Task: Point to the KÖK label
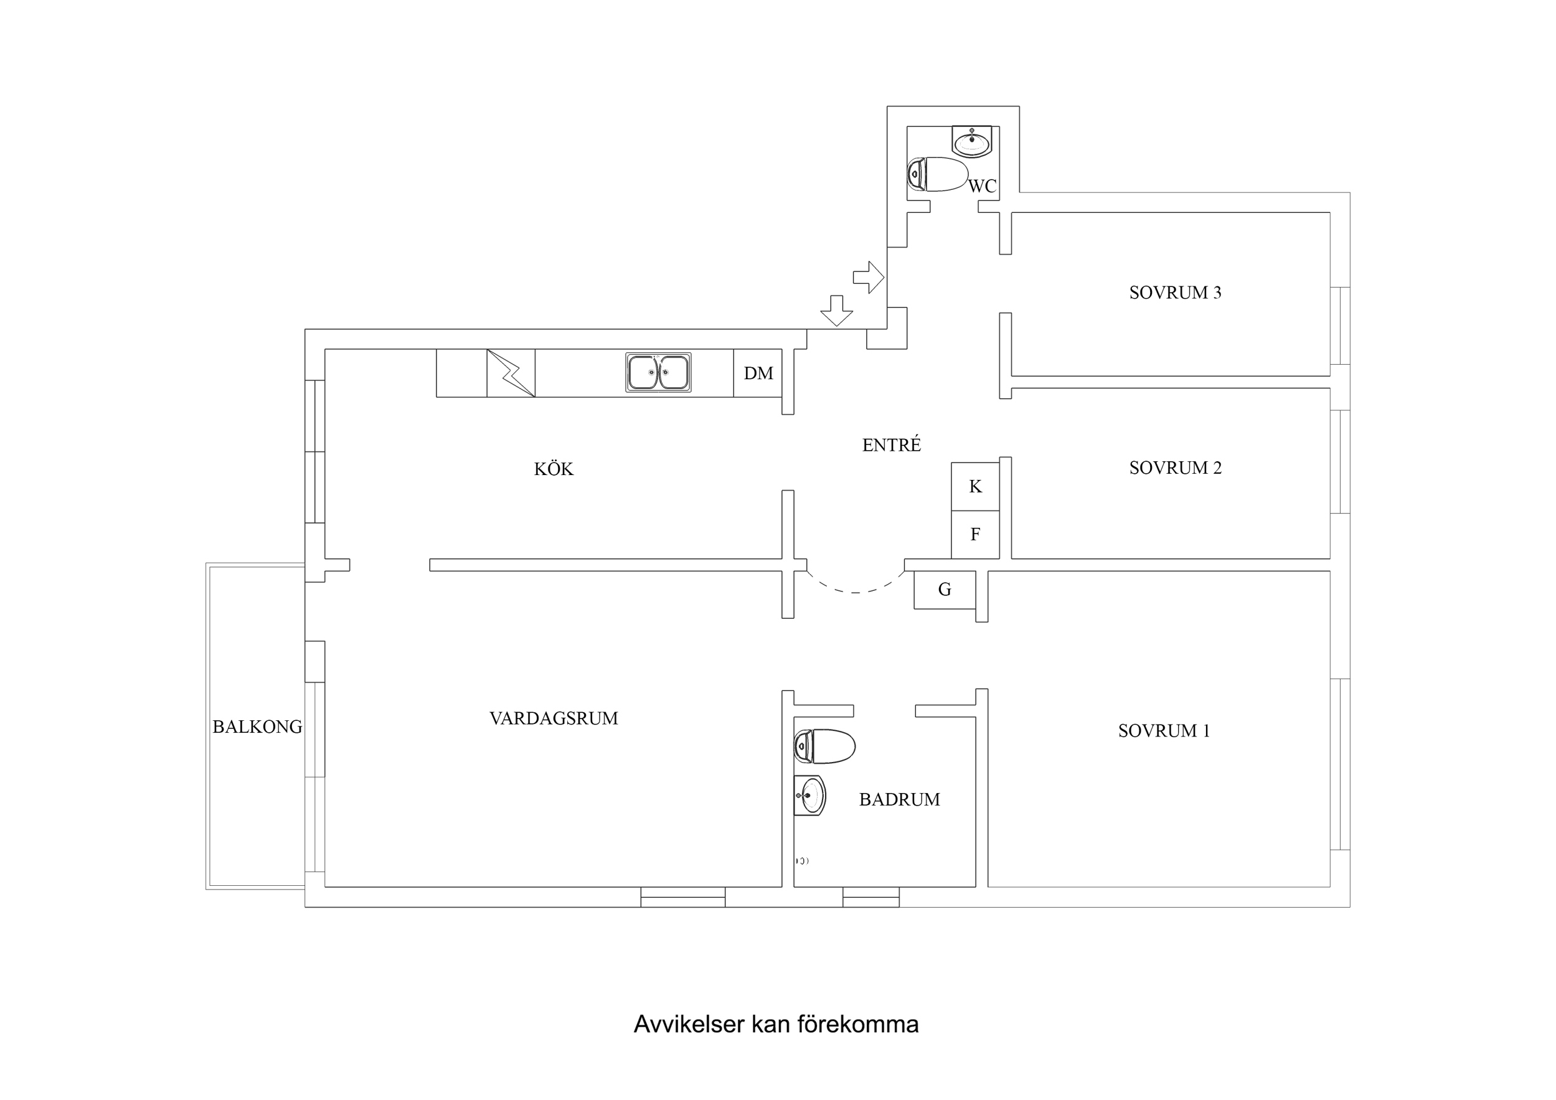(553, 469)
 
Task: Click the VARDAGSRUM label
(553, 718)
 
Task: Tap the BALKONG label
(257, 727)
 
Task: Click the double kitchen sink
(658, 372)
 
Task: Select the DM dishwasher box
(758, 373)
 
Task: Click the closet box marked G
(944, 590)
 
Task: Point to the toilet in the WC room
(938, 174)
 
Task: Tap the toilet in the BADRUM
(825, 746)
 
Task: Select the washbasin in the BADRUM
(810, 795)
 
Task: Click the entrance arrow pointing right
(868, 277)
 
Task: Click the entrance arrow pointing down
(836, 311)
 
